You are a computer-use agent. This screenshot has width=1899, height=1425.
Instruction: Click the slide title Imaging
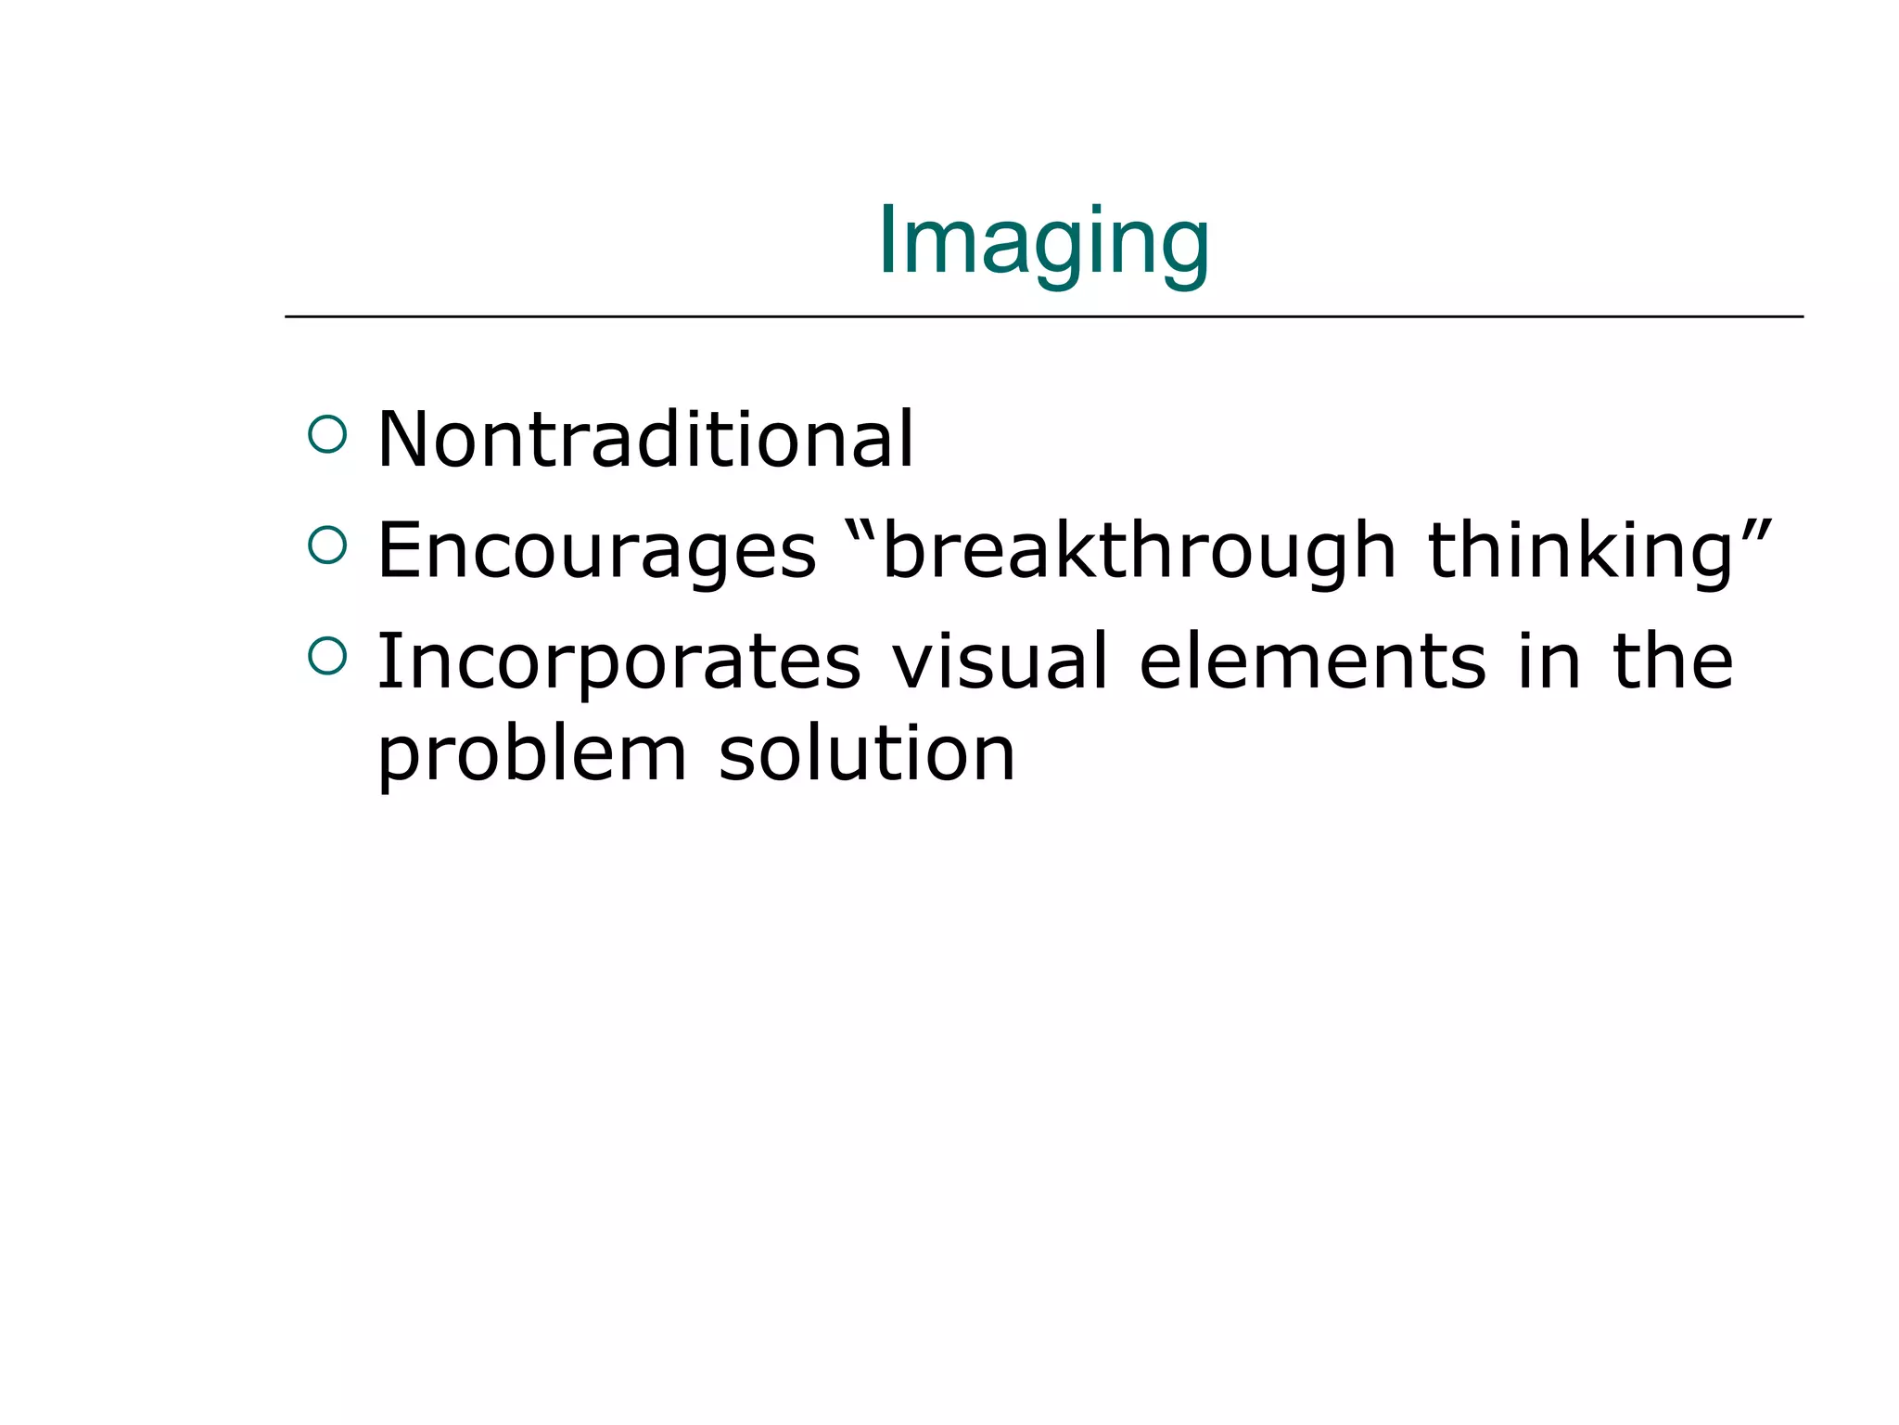(x=1043, y=243)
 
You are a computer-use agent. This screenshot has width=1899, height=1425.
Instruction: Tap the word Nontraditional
(x=646, y=439)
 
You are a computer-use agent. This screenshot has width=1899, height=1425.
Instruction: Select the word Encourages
(x=597, y=550)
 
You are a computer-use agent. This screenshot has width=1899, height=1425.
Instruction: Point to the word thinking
(x=1580, y=550)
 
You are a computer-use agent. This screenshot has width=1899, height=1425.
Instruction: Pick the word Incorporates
(x=618, y=661)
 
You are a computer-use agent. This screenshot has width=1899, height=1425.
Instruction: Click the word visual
(x=1000, y=661)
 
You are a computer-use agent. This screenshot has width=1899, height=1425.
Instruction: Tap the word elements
(x=1313, y=661)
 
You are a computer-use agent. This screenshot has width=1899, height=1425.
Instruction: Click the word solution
(x=866, y=753)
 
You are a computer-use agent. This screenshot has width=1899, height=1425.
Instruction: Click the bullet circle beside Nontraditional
(x=327, y=433)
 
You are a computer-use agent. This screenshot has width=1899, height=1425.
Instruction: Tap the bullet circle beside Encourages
(x=327, y=545)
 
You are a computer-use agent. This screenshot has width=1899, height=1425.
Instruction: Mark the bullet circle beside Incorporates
(x=327, y=655)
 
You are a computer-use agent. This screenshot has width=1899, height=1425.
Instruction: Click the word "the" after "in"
(x=1673, y=661)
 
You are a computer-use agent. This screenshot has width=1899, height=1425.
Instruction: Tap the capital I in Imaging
(x=886, y=240)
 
